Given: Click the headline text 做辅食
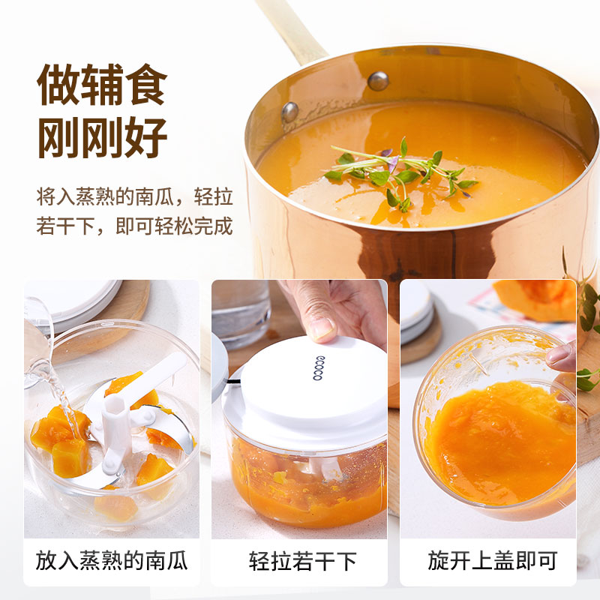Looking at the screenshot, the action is pos(102,85).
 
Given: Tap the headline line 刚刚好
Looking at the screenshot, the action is pos(103,137).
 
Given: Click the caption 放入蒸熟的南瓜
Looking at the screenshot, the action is pos(112,560).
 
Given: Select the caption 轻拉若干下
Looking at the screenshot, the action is pos(303,561).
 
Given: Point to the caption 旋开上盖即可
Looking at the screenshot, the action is pos(493,560).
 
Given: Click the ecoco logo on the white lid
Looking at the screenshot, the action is pos(318,367).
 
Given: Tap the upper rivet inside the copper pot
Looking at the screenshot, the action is pos(378,81).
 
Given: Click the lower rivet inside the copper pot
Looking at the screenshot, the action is pos(289,112).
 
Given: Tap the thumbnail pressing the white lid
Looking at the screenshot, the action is pos(322,330).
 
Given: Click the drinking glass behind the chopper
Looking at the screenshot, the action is pos(241,313).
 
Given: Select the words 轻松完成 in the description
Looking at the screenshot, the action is pos(194,226).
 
